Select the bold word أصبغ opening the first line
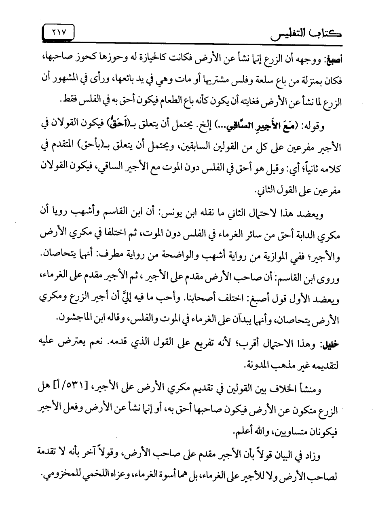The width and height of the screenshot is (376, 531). [329, 59]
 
